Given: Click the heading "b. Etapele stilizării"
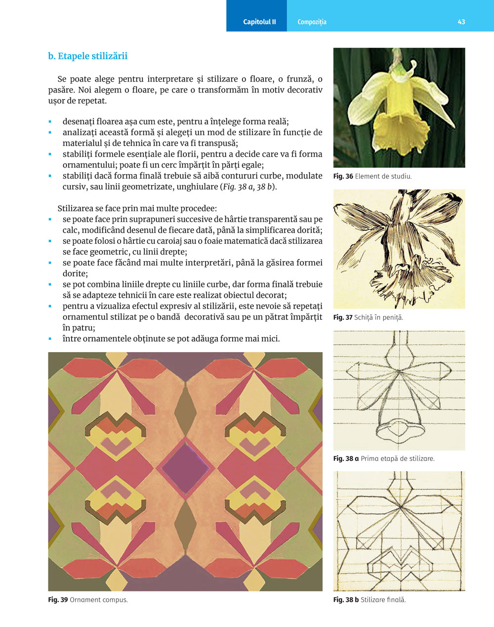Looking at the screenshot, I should coord(88,56).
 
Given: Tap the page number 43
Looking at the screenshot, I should coord(461,22).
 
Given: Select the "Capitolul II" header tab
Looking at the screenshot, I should coord(259,22).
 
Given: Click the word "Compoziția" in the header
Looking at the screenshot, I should coord(312,22).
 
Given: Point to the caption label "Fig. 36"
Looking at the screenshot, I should coord(343,177).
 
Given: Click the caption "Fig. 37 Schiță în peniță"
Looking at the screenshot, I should coord(368,317).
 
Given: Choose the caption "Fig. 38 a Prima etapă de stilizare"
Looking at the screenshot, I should coord(384,458).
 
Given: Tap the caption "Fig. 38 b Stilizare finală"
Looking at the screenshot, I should coord(369,600).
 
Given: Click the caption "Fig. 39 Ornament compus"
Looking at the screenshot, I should coord(87,600).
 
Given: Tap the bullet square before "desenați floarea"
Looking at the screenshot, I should coord(50,122).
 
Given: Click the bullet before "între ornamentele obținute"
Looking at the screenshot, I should coord(50,339).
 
